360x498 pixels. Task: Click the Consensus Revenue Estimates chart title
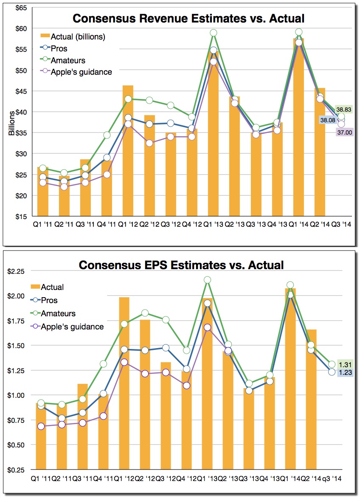point(188,18)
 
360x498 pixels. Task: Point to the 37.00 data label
point(344,132)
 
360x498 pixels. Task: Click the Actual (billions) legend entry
point(73,37)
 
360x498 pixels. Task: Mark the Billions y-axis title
point(12,122)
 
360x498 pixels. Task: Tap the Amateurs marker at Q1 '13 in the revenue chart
point(214,33)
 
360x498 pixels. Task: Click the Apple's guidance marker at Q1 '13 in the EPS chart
point(207,327)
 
